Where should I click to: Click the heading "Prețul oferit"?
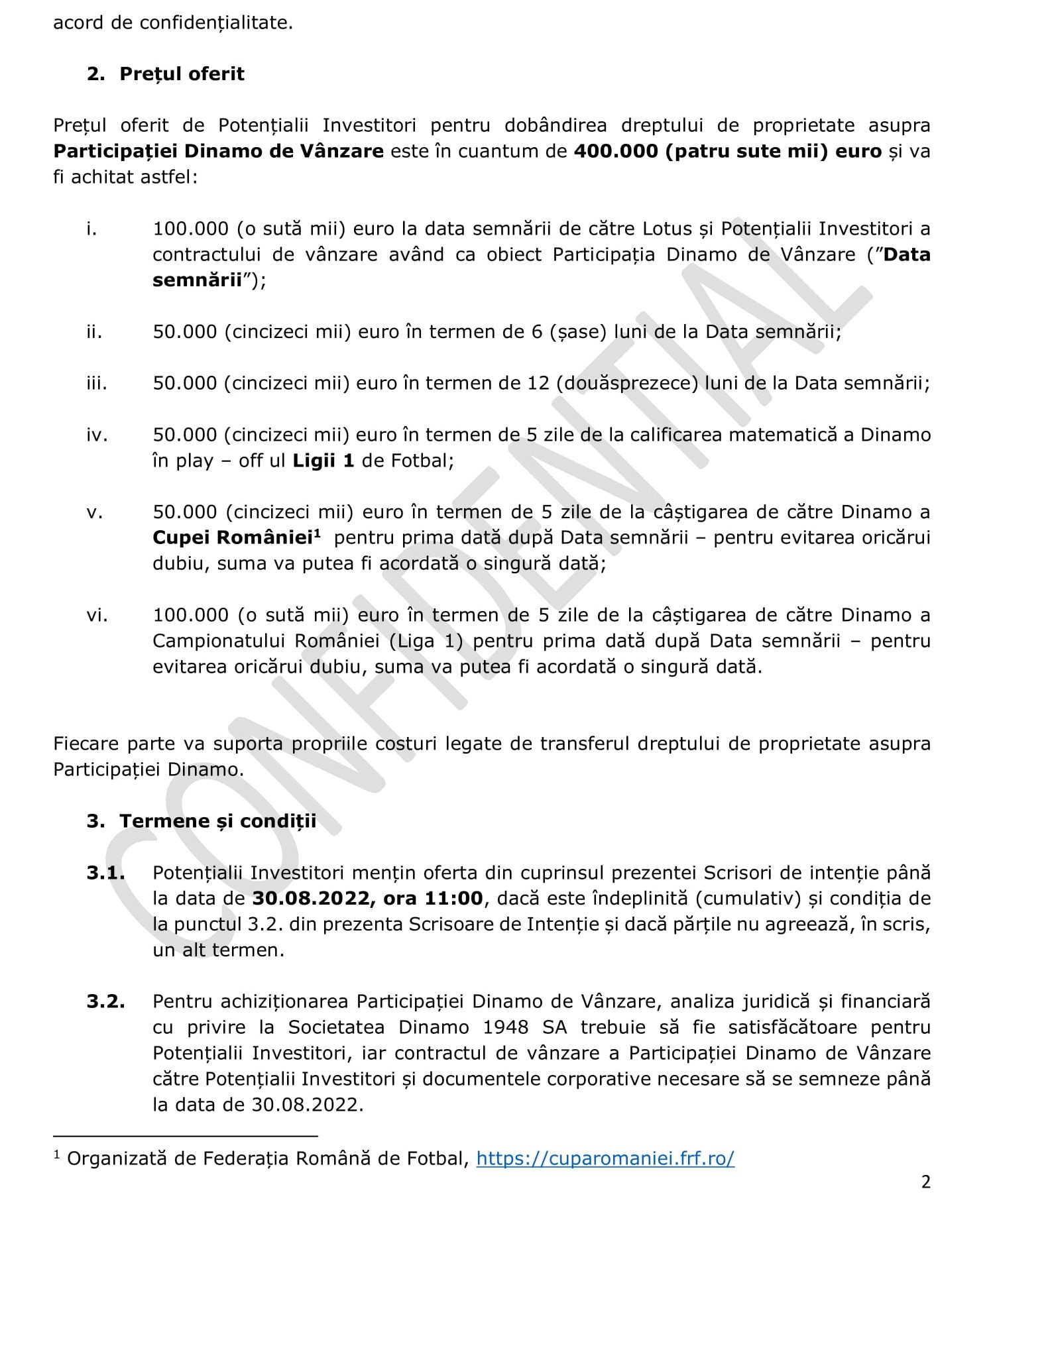tap(182, 74)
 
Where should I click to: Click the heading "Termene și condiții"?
tap(217, 821)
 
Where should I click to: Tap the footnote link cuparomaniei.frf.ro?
tap(605, 1158)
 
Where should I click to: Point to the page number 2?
tap(926, 1182)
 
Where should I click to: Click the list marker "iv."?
tap(97, 435)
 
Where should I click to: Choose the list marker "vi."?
tap(97, 615)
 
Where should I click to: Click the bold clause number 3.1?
tap(105, 873)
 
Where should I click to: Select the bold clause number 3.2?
tap(105, 1001)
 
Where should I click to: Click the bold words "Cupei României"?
tap(233, 537)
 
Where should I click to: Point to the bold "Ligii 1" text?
tap(323, 461)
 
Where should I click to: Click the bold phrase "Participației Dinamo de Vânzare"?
tap(218, 151)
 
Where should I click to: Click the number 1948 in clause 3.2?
tap(506, 1027)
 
